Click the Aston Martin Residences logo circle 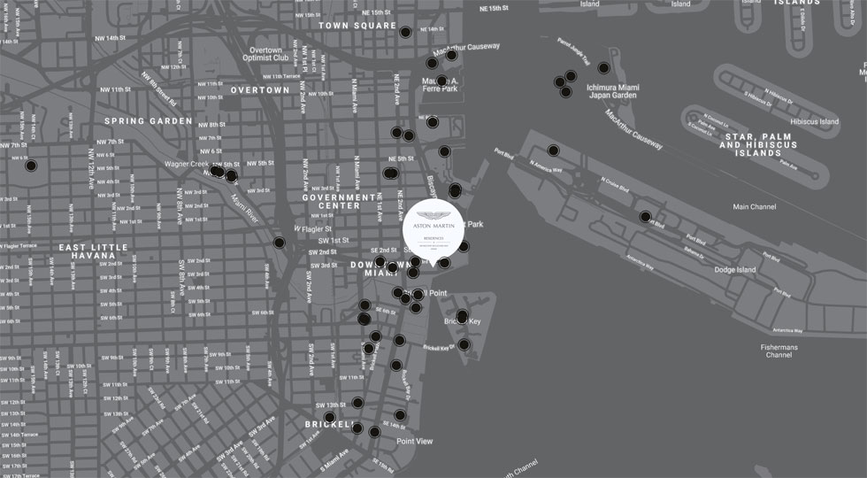pos(433,232)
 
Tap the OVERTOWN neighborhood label pos(260,90)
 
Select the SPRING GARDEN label pos(148,121)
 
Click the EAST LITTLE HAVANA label pos(93,252)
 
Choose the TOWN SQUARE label pos(358,26)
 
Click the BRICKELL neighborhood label pos(330,425)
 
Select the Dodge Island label pos(735,270)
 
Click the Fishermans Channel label pos(779,351)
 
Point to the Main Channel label pos(754,207)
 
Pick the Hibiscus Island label pos(815,121)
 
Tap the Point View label pos(414,441)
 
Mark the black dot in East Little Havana pos(31,166)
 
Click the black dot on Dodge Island pos(646,217)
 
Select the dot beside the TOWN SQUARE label pos(405,33)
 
